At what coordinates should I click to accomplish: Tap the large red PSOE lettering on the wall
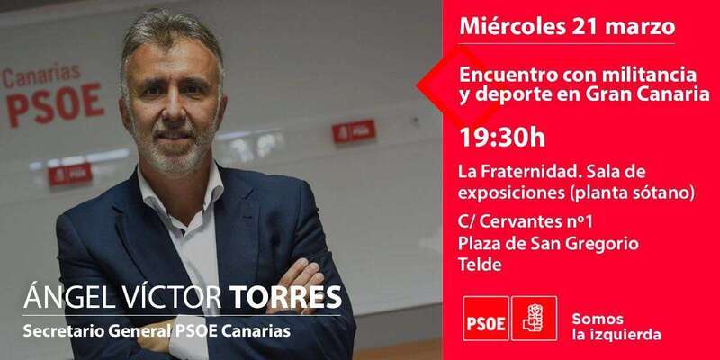point(56,105)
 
